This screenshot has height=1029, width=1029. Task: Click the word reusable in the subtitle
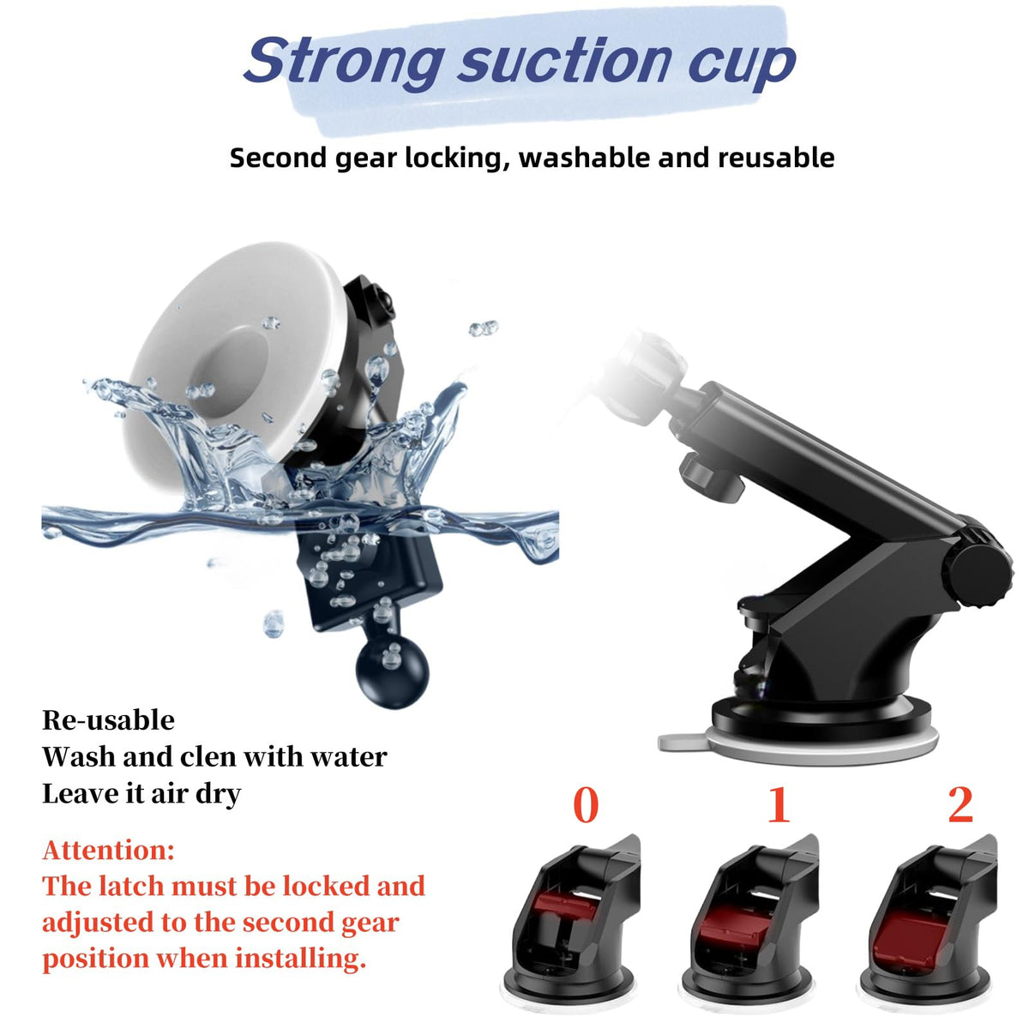[x=776, y=158]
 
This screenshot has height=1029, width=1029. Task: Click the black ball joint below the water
[x=393, y=674]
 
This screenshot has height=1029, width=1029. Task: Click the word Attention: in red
[x=108, y=850]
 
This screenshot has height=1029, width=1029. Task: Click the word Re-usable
[x=108, y=720]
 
